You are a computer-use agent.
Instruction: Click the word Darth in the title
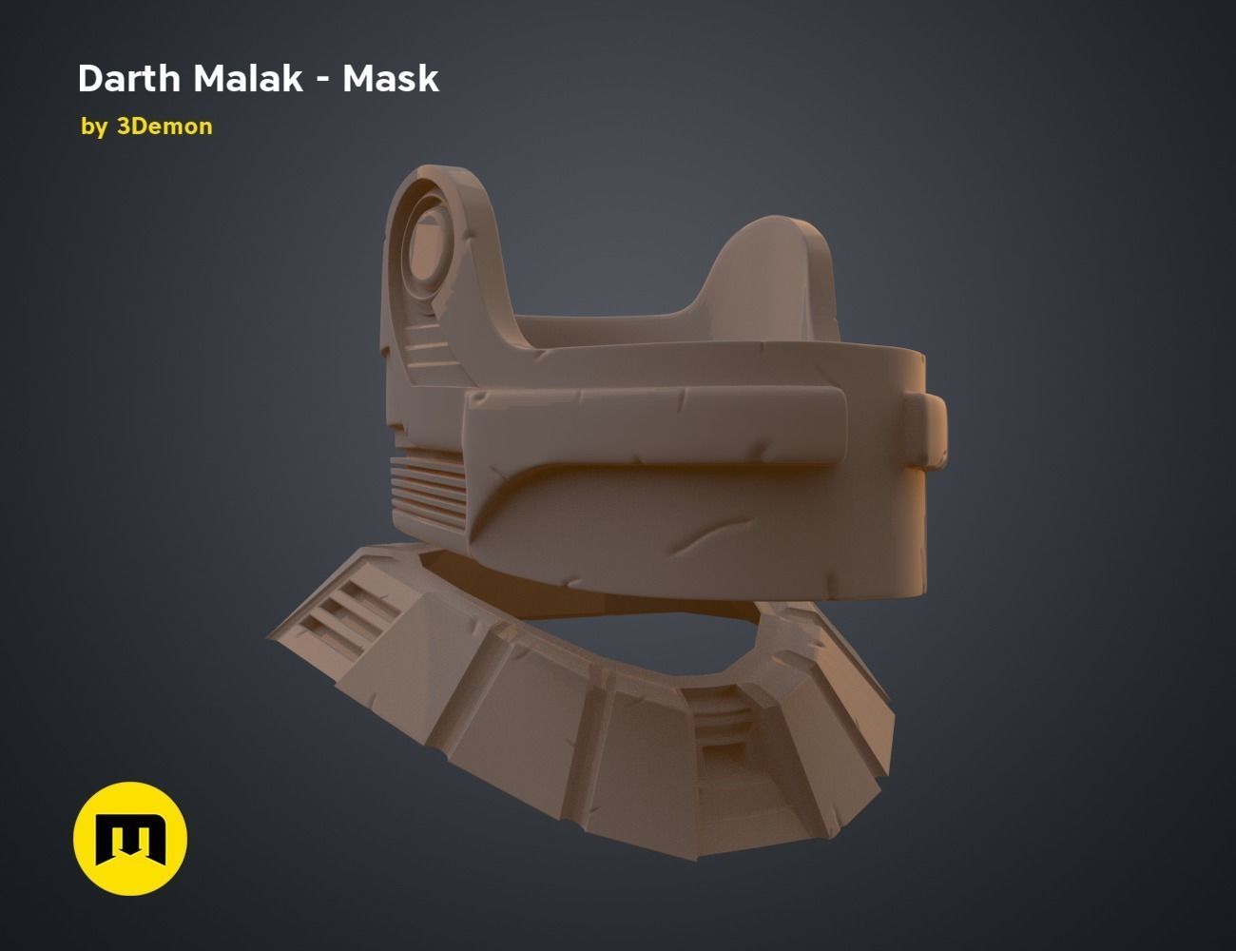tap(129, 79)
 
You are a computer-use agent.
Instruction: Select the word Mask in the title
tap(391, 79)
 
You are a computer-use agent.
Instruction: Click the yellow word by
tap(94, 126)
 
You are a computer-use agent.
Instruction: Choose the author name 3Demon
tap(164, 126)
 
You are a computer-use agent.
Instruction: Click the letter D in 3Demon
tap(137, 126)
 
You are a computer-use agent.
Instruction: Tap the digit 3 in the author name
tap(123, 126)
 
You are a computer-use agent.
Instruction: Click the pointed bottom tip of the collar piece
tap(694, 856)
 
